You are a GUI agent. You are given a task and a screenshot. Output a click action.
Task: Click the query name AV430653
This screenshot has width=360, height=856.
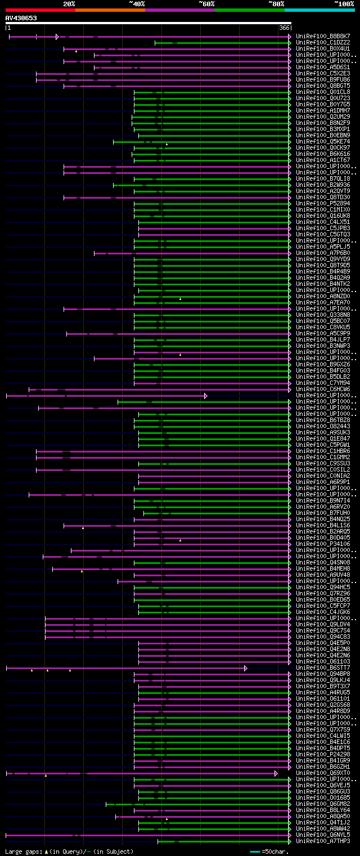21,18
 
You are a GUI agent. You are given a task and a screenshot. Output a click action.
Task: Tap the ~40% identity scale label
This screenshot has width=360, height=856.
137,4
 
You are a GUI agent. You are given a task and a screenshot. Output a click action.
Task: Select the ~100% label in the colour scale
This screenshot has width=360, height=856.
344,4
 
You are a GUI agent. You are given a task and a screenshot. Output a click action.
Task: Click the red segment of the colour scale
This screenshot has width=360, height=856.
40,10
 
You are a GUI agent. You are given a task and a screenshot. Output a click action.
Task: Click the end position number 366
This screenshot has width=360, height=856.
283,28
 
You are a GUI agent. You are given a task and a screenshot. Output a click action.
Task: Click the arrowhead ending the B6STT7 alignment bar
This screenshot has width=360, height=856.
245,668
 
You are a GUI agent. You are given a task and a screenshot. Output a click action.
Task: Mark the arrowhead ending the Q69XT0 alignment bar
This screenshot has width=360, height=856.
276,773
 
